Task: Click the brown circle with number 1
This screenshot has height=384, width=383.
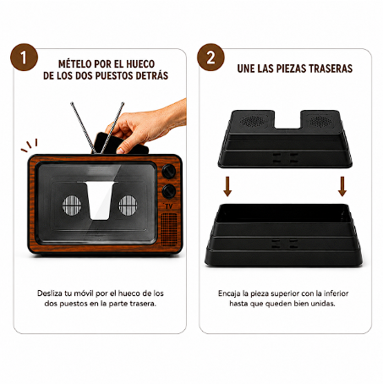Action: click(24, 58)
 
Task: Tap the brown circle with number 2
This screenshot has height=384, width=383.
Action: click(211, 58)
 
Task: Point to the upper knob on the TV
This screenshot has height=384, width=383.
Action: click(169, 172)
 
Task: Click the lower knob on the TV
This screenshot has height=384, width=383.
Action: click(169, 191)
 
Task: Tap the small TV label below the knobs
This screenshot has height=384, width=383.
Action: click(168, 206)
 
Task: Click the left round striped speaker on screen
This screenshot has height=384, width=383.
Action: click(72, 205)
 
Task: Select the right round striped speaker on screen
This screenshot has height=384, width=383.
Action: click(128, 205)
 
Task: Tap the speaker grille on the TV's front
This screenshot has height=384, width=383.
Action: click(169, 229)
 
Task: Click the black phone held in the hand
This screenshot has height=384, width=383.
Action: click(120, 144)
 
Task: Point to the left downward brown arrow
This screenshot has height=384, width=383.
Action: click(227, 186)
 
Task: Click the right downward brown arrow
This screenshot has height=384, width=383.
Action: click(342, 186)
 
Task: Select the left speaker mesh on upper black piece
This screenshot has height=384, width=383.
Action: click(253, 121)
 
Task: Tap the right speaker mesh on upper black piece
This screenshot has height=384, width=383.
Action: click(320, 121)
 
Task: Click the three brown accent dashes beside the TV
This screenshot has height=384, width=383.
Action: click(29, 145)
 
